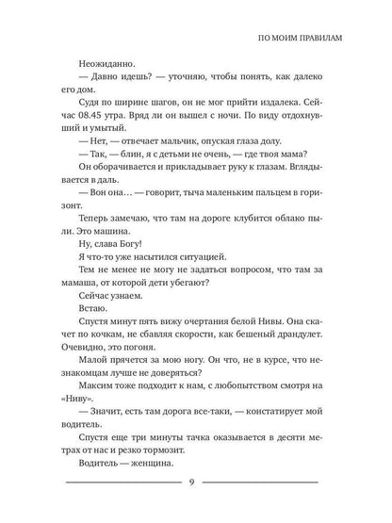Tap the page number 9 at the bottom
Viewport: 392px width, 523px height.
pyautogui.click(x=195, y=485)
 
